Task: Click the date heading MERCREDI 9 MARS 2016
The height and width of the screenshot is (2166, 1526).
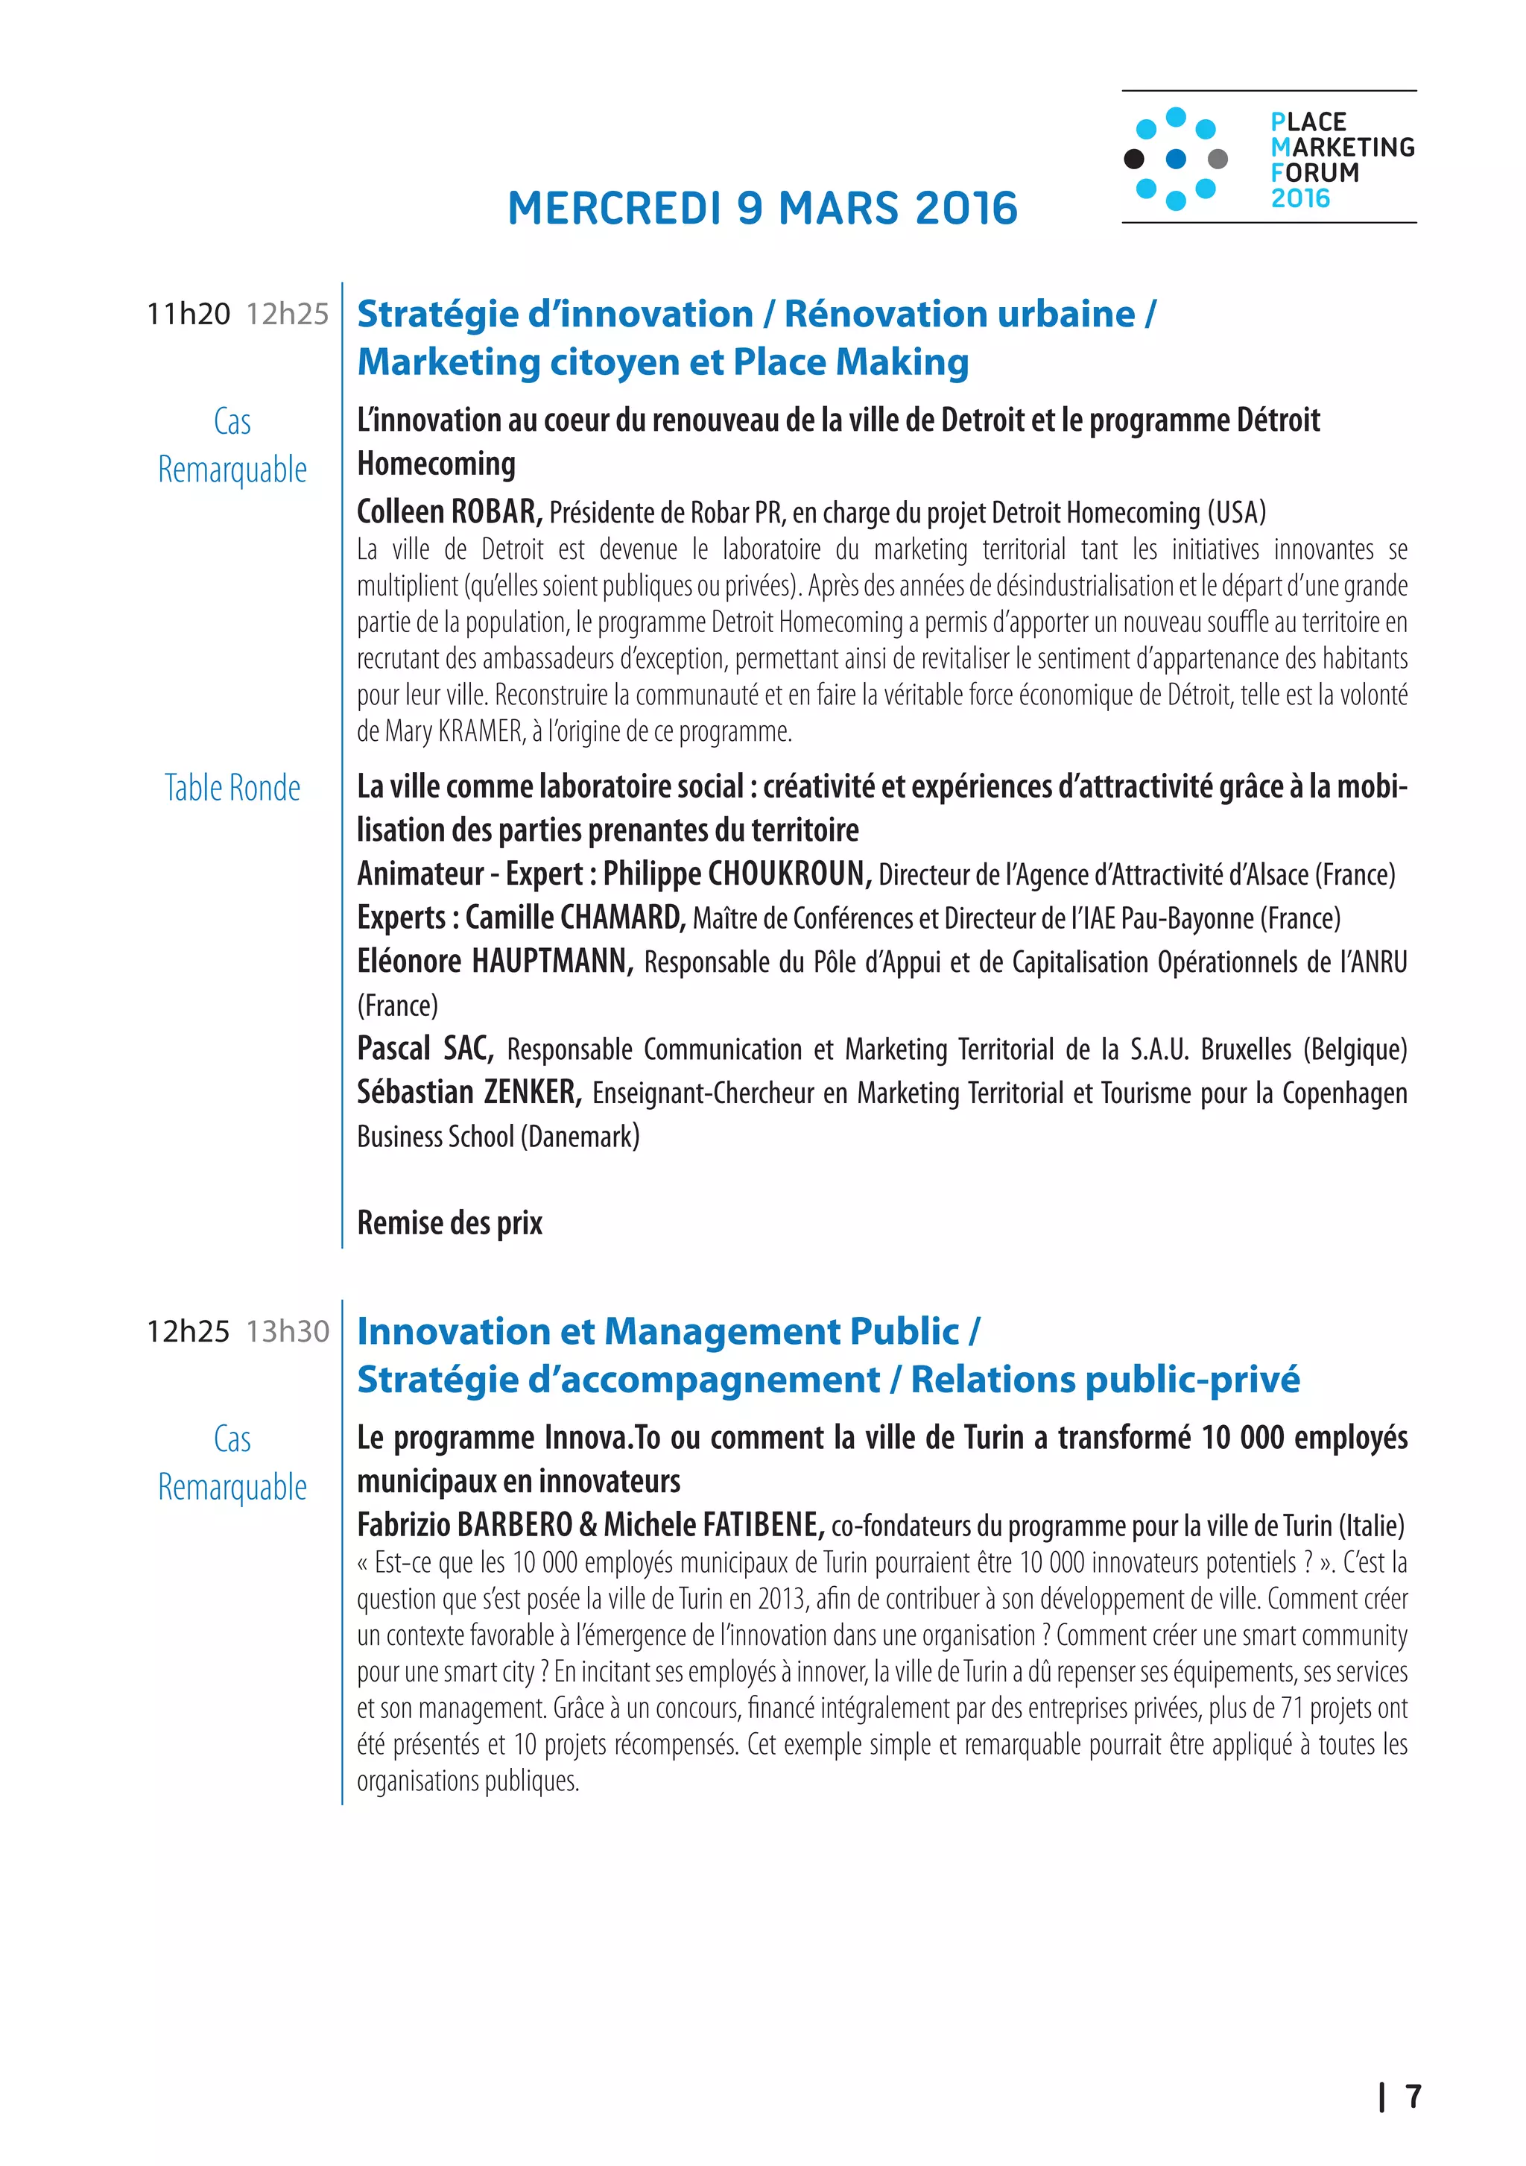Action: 762,209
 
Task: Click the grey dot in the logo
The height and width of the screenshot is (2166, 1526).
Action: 1218,159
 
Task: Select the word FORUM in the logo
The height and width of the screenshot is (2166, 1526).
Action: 1314,173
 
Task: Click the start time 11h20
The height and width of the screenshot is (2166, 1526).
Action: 188,314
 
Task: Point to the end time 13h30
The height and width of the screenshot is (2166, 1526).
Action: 288,1331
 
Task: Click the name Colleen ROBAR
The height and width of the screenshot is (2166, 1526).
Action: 448,511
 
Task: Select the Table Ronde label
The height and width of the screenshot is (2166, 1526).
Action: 232,788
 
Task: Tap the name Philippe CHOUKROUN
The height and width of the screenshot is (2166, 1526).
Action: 737,874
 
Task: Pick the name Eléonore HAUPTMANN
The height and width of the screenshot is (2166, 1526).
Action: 494,962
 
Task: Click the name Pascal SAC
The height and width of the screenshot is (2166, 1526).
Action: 425,1048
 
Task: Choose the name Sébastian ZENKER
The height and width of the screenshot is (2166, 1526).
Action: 469,1093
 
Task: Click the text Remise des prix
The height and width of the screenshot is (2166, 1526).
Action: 449,1222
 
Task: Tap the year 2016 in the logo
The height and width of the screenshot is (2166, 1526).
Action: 1299,198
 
